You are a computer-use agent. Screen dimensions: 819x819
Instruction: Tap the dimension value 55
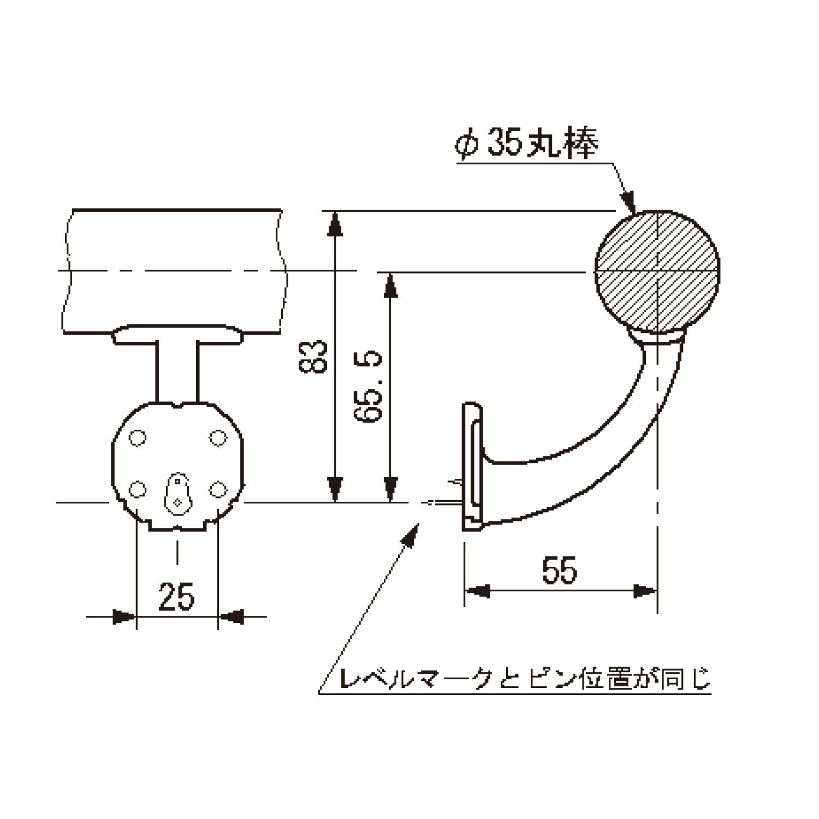point(560,570)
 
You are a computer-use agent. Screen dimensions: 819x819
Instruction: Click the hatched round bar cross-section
point(657,271)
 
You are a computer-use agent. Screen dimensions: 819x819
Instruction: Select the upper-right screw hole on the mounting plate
point(218,438)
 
